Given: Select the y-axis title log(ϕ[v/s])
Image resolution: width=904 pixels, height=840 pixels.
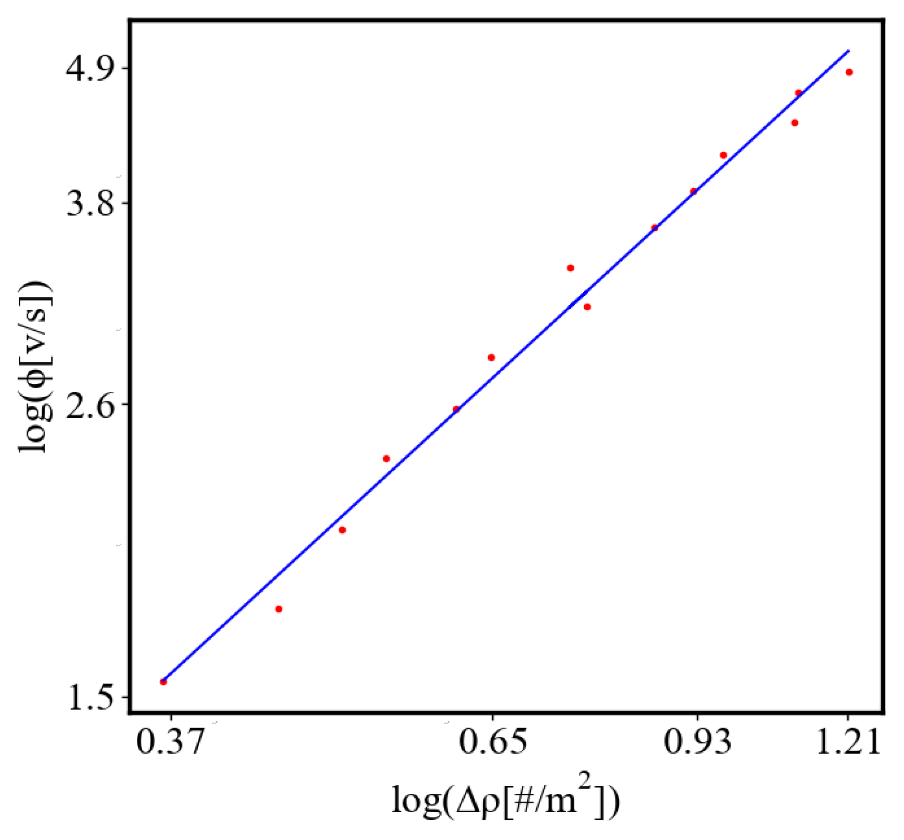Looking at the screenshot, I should [35, 366].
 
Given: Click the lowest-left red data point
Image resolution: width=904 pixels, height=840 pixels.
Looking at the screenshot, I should [163, 682].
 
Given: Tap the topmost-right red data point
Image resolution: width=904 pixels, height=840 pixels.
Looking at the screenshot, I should [849, 72].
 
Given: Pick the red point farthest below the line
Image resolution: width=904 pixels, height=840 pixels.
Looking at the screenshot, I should [278, 609].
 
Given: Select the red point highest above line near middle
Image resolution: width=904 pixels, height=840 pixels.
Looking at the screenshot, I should [570, 268].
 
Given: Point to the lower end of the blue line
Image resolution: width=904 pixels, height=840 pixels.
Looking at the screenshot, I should [162, 679].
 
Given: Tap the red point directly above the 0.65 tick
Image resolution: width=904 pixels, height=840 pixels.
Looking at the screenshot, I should [491, 357].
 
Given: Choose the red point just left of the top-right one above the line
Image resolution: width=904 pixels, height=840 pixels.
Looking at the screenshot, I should [798, 93].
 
